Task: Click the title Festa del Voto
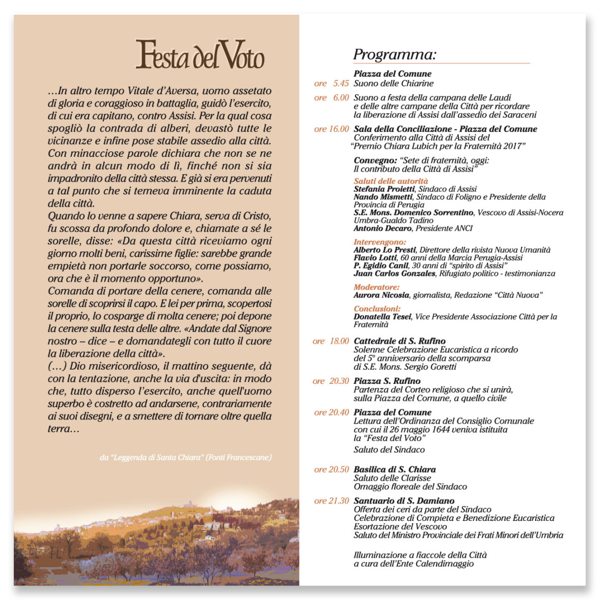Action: (200, 54)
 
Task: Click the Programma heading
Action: (395, 54)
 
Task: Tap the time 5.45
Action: (341, 84)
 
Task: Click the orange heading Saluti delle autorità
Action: (391, 181)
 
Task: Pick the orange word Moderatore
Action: (376, 287)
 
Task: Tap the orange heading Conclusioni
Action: (377, 309)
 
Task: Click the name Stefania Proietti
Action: (384, 189)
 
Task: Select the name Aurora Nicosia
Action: (381, 295)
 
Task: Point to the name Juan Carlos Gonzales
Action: (395, 273)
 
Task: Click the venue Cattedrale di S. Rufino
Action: (399, 341)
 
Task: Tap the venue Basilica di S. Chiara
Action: (395, 469)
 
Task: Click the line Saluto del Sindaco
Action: (389, 450)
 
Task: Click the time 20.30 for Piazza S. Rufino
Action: (339, 381)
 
